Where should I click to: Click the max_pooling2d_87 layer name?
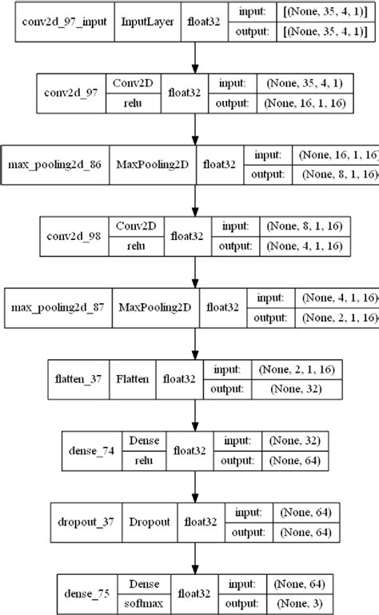(51, 308)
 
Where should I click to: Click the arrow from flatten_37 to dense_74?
(193, 417)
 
